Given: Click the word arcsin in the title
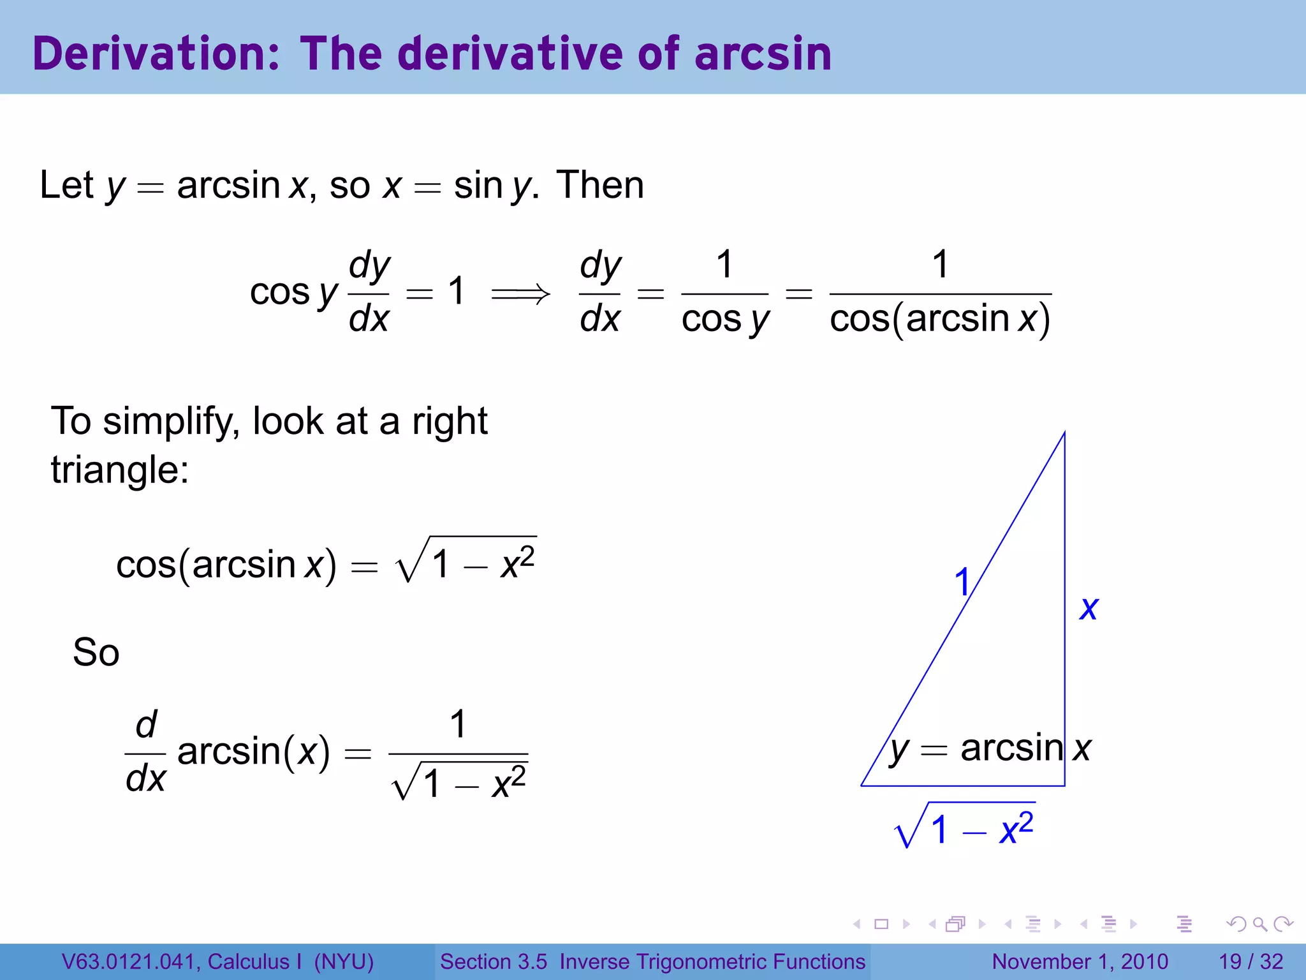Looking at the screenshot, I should click(763, 54).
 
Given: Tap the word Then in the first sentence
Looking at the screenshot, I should click(599, 185).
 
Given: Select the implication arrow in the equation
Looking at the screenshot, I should click(520, 293).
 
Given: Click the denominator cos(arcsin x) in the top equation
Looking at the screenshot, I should click(940, 319).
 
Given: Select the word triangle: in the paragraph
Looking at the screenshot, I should click(120, 471).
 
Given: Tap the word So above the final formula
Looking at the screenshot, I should click(96, 653).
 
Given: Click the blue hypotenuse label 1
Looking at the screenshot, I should click(962, 582).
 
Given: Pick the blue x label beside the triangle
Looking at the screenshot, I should click(1089, 607).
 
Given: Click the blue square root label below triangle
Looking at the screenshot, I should click(964, 826).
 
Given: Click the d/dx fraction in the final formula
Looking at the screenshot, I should click(145, 752).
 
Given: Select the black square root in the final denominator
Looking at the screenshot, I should click(459, 782).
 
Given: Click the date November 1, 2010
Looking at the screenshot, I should click(1080, 961).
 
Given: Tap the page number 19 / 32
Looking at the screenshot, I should click(1251, 961).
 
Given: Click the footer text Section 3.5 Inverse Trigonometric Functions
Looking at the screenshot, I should click(652, 961).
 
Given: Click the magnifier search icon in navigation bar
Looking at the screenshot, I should click(1260, 924).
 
